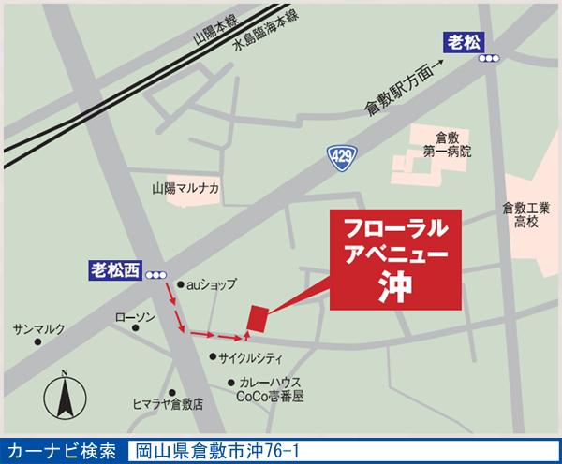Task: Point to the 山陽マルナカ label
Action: point(185,188)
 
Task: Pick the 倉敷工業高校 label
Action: point(525,214)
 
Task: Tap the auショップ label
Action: point(212,283)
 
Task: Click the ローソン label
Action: point(133,319)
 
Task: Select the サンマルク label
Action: point(38,330)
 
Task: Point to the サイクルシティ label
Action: point(251,356)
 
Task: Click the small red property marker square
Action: point(257,317)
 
